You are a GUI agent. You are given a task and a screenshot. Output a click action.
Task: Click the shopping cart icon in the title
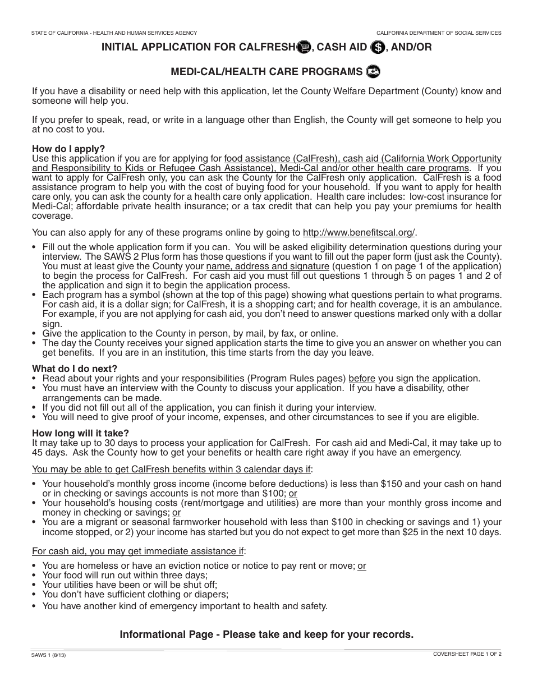(304, 47)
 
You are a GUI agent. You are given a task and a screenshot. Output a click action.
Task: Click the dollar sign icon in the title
(378, 48)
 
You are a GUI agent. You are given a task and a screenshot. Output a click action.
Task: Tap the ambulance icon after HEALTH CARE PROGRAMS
(373, 72)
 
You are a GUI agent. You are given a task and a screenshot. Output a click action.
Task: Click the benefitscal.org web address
(360, 233)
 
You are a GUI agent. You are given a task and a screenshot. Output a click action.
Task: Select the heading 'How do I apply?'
(68, 149)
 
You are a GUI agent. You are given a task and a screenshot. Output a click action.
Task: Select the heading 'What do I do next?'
(75, 369)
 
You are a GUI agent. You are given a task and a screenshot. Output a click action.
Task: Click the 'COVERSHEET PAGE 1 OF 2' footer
(467, 654)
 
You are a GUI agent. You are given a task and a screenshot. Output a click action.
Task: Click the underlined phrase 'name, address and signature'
(268, 266)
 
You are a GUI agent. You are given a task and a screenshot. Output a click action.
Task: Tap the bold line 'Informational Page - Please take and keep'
(266, 634)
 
